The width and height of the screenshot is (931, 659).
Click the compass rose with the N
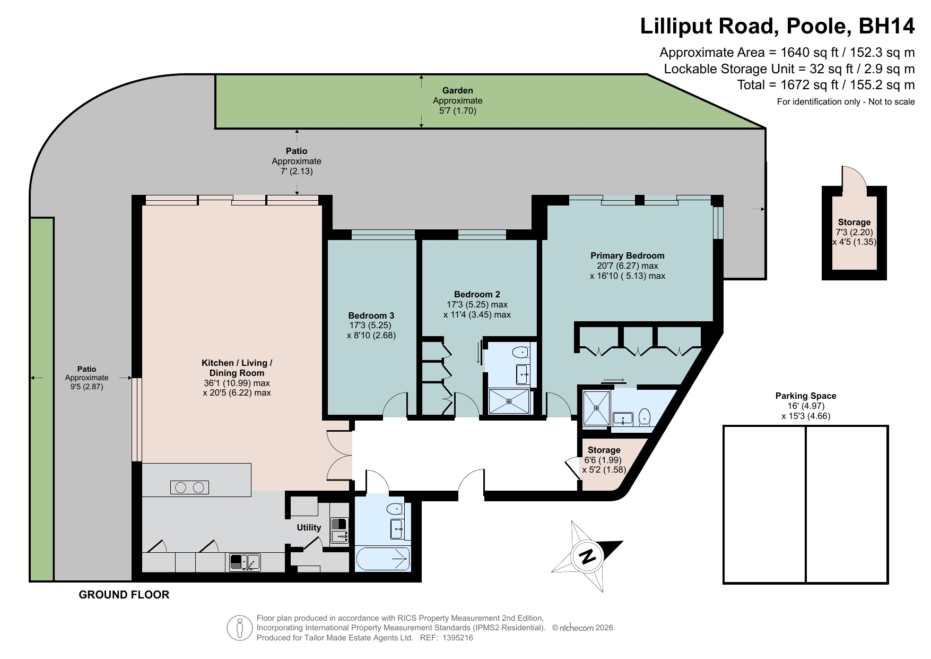pyautogui.click(x=587, y=557)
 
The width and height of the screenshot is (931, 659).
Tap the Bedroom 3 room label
pyautogui.click(x=371, y=315)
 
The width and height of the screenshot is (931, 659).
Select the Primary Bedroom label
pyautogui.click(x=627, y=255)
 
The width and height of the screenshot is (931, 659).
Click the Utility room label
pyautogui.click(x=309, y=527)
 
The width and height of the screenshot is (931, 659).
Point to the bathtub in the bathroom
pyautogui.click(x=382, y=559)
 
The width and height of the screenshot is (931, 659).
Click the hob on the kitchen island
pyautogui.click(x=189, y=487)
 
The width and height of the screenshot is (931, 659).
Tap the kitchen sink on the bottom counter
pyautogui.click(x=245, y=561)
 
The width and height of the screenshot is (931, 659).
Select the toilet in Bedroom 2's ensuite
pyautogui.click(x=521, y=352)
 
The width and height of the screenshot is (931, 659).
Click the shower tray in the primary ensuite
pyautogui.click(x=597, y=408)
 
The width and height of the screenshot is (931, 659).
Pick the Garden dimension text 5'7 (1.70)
pyautogui.click(x=457, y=111)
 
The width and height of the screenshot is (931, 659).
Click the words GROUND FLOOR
pyautogui.click(x=124, y=595)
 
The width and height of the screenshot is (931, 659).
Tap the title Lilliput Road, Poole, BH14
pyautogui.click(x=777, y=25)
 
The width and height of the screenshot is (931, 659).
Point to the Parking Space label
pyautogui.click(x=805, y=396)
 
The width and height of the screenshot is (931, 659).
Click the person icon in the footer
pyautogui.click(x=240, y=628)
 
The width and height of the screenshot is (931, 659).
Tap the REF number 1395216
pyautogui.click(x=457, y=638)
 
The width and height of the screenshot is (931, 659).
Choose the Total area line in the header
pyautogui.click(x=825, y=84)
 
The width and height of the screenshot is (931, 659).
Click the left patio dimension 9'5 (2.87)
pyautogui.click(x=86, y=387)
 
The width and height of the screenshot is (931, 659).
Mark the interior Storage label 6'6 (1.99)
pyautogui.click(x=603, y=460)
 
